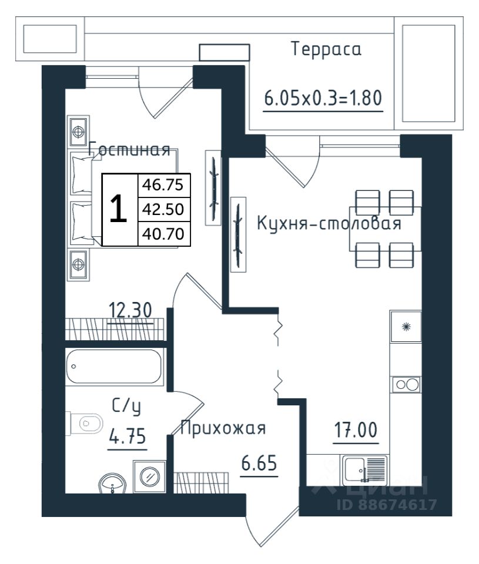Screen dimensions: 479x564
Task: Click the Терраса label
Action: tap(326, 49)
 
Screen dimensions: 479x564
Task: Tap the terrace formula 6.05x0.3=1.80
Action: tap(323, 98)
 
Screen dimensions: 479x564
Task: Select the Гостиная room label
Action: tap(129, 149)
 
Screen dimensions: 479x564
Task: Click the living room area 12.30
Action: tap(130, 310)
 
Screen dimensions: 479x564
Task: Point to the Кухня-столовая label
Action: tap(329, 223)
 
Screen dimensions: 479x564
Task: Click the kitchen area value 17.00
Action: tap(356, 430)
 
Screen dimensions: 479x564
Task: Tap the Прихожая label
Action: tap(223, 428)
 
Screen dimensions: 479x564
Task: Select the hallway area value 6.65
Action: tap(259, 463)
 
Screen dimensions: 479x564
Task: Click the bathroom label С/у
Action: tap(126, 407)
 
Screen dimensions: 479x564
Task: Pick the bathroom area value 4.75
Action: tap(128, 436)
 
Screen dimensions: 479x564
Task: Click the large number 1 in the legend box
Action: tap(118, 209)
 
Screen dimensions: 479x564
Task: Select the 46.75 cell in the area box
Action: tap(164, 185)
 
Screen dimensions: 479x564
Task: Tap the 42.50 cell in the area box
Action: tap(164, 209)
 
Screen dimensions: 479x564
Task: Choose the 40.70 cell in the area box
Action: tap(164, 234)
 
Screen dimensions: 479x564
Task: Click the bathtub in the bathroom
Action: tap(113, 367)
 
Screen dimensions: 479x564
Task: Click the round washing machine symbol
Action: tap(149, 476)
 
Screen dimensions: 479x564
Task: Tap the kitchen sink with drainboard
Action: tap(364, 470)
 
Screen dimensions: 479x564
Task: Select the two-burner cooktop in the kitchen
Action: tap(407, 384)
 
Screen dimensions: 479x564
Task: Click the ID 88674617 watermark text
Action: tap(387, 504)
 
